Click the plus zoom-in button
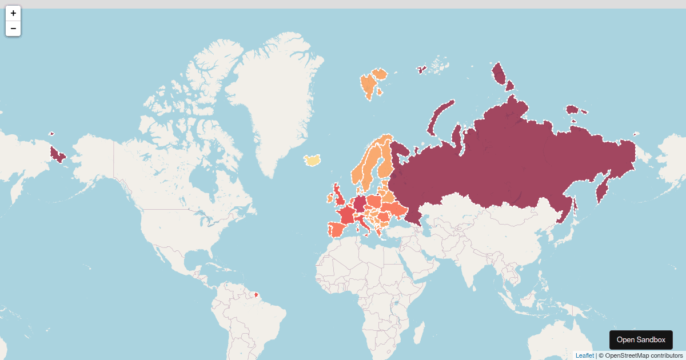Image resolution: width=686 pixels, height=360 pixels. click(x=13, y=13)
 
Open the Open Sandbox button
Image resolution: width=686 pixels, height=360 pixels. click(x=641, y=339)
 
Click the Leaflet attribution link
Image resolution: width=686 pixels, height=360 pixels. click(x=584, y=355)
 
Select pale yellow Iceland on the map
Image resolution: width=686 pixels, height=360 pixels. click(x=312, y=160)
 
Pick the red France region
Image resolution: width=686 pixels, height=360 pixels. click(x=346, y=216)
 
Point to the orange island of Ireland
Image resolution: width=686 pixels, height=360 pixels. click(x=330, y=198)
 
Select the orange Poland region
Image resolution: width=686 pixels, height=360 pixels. click(x=374, y=202)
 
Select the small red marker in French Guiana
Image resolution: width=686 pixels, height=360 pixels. click(x=256, y=295)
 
